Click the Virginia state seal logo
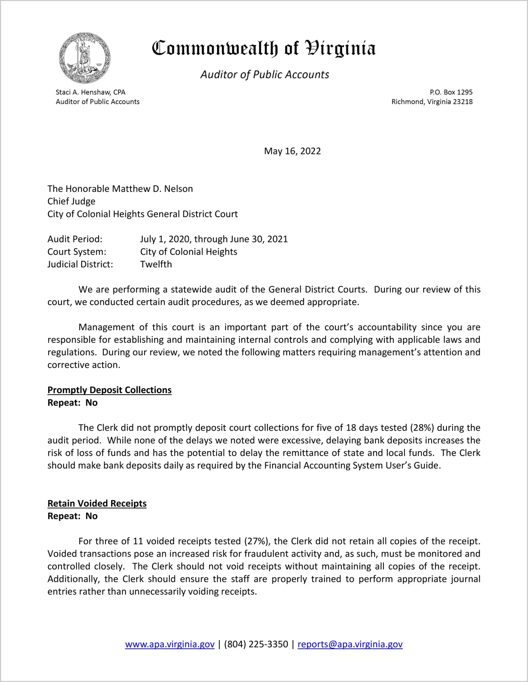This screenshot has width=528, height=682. (85, 58)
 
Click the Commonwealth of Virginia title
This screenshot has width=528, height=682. (264, 48)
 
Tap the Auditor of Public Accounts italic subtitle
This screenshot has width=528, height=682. (265, 75)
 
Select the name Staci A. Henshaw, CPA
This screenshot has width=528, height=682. (90, 92)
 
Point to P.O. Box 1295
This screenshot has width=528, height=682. (451, 92)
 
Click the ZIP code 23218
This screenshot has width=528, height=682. (463, 102)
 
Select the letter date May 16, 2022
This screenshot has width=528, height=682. (292, 151)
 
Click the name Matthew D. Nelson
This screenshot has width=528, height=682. (152, 189)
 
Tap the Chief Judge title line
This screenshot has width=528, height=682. (71, 201)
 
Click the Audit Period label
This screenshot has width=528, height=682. (75, 239)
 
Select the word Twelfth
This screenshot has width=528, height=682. (156, 264)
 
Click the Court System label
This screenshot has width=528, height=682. (77, 252)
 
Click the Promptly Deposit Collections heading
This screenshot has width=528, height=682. (110, 390)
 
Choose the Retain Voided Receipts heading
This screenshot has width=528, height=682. (97, 503)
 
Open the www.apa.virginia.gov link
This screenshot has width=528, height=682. (170, 644)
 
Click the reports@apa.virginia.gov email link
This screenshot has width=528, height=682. (350, 644)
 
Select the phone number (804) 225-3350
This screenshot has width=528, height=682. (256, 644)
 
